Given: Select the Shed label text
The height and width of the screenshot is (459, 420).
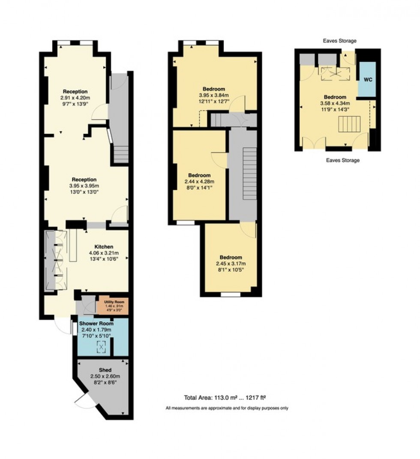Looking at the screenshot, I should pos(105,370).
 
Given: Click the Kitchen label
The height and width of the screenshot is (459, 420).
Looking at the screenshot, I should pos(104,247).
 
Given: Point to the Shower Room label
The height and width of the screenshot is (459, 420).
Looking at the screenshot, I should pos(96,323).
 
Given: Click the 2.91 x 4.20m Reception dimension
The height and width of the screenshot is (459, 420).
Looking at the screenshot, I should pos(75,98).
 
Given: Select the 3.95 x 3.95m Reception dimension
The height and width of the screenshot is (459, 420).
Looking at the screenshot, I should pos(84,186).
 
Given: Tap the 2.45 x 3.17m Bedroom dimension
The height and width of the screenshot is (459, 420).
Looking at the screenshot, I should pos(231,264).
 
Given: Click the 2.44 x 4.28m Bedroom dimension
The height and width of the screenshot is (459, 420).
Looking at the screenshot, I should pos(199,181).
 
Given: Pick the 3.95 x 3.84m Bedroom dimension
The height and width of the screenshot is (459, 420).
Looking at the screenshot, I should pos(213,95).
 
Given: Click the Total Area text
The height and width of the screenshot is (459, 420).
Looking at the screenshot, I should pos(225,397).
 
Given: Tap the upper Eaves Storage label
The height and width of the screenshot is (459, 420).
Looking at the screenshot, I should pos(340,41).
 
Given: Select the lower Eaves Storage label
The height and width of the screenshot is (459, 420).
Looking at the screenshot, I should pos(342,160).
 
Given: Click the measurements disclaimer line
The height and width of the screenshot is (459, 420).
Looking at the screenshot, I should pos(227,408).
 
